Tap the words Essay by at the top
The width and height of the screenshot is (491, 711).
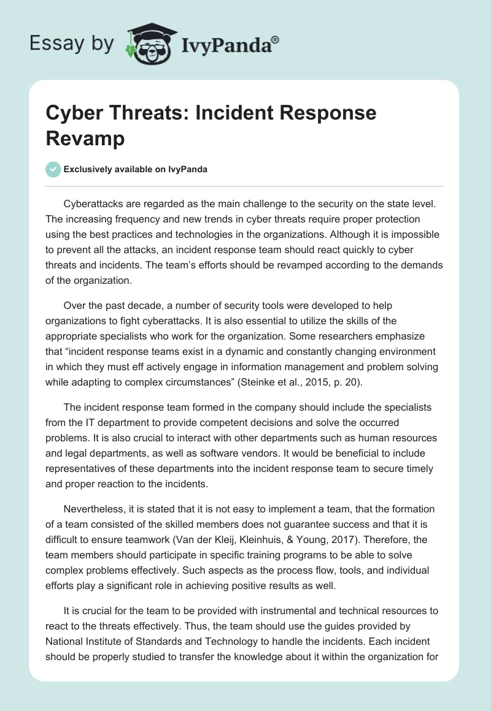(72, 44)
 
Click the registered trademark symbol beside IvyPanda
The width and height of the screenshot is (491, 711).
(276, 39)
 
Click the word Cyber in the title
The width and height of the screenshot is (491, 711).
(74, 113)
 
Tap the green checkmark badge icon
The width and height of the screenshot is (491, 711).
(53, 169)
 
